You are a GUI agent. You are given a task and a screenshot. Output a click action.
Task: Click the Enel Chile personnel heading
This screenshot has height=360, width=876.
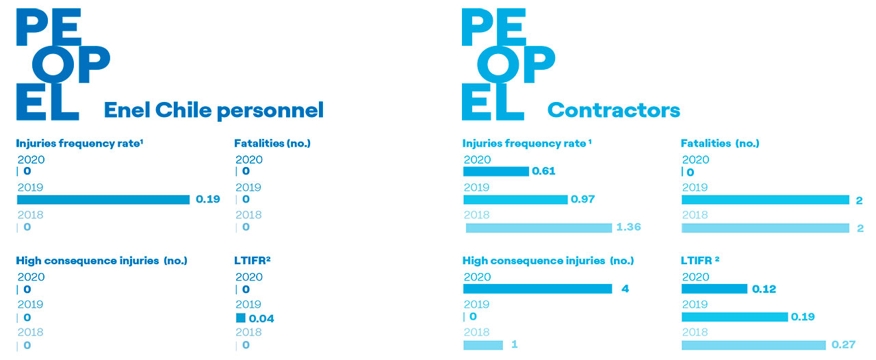click(x=214, y=110)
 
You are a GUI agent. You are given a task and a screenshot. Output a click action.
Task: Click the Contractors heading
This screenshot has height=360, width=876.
click(x=613, y=110)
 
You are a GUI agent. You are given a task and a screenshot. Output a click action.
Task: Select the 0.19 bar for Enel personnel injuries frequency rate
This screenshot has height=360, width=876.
click(x=103, y=199)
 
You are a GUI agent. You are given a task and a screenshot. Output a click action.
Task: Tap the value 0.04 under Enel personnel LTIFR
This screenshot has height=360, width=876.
click(x=261, y=318)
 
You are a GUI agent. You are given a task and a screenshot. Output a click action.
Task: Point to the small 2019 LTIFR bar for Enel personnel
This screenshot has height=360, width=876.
click(x=240, y=318)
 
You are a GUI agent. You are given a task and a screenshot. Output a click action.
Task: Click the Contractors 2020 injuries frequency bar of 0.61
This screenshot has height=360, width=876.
click(x=496, y=171)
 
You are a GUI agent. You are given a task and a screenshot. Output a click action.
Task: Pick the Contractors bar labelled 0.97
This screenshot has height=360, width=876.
click(x=515, y=199)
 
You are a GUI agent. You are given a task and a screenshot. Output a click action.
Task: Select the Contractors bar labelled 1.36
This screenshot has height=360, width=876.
click(x=539, y=227)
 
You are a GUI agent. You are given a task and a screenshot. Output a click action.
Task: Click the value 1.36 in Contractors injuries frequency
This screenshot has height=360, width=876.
click(x=628, y=227)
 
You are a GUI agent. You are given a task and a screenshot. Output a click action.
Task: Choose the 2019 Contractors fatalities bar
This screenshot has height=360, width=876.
click(x=765, y=200)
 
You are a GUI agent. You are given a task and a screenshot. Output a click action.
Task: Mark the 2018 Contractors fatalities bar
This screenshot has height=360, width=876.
click(x=765, y=227)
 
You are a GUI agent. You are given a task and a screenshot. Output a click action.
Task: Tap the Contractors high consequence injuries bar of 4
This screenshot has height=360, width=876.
click(x=537, y=289)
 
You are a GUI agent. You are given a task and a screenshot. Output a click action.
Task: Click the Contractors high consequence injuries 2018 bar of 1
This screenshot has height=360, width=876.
click(x=483, y=345)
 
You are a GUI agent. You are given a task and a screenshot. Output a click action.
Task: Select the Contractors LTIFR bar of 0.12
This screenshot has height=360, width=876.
click(x=714, y=289)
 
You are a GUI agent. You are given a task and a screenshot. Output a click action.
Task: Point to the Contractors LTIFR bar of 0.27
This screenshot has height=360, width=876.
click(x=753, y=345)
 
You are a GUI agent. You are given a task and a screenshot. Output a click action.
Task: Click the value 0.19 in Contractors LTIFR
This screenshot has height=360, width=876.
click(x=803, y=317)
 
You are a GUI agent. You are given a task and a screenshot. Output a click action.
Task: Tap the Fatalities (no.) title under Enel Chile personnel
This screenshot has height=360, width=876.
click(x=272, y=143)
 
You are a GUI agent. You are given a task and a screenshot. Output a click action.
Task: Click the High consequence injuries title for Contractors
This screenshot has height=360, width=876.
click(x=548, y=261)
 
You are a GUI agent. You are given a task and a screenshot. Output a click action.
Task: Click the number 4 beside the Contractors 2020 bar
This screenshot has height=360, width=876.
click(x=625, y=289)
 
